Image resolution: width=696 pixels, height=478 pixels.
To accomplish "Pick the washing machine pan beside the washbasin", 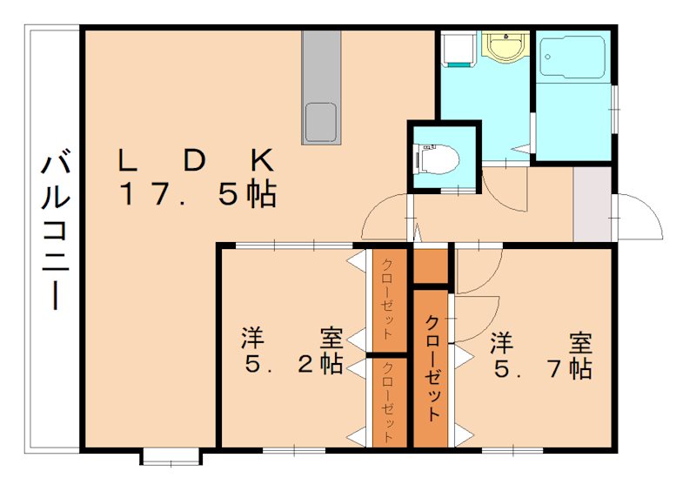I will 457,49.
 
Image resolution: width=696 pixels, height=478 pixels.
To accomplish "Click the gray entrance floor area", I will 592,205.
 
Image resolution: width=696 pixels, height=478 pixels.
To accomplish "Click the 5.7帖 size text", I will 543,368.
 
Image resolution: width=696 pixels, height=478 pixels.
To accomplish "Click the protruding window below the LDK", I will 171,455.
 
